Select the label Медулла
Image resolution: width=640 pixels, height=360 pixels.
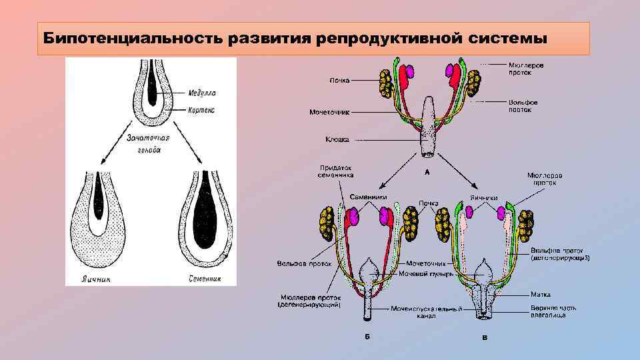202,93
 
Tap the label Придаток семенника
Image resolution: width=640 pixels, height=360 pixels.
335,171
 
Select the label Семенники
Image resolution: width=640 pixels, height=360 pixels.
369,197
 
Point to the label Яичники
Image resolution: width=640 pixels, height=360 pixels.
484,197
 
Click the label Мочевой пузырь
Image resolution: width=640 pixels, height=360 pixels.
426,273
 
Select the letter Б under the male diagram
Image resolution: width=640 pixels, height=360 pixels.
367,337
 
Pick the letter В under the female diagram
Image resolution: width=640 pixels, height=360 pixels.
485,337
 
